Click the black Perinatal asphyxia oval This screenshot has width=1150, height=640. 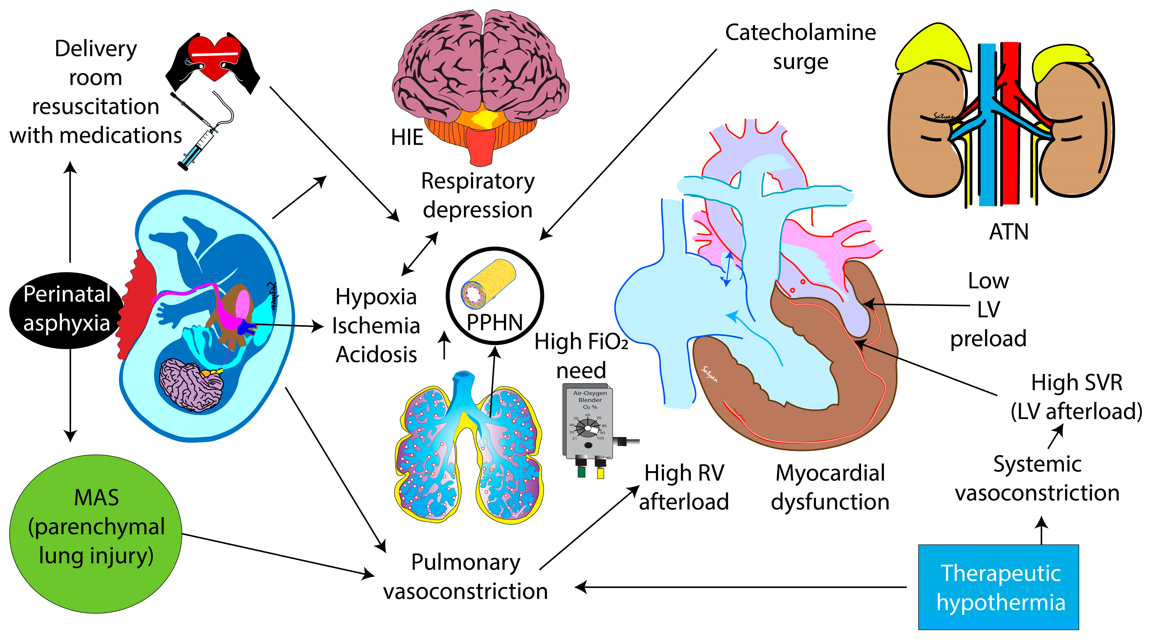[x=66, y=309]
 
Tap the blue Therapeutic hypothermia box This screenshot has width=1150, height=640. [x=998, y=587]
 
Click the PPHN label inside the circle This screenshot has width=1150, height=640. [x=494, y=322]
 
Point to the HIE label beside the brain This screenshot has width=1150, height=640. [x=407, y=137]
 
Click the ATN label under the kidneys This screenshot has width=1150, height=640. [x=1008, y=232]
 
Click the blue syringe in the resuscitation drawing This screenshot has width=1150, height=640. [x=196, y=147]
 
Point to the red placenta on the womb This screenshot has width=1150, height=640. [x=137, y=304]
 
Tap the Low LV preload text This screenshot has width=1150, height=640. [x=988, y=309]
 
